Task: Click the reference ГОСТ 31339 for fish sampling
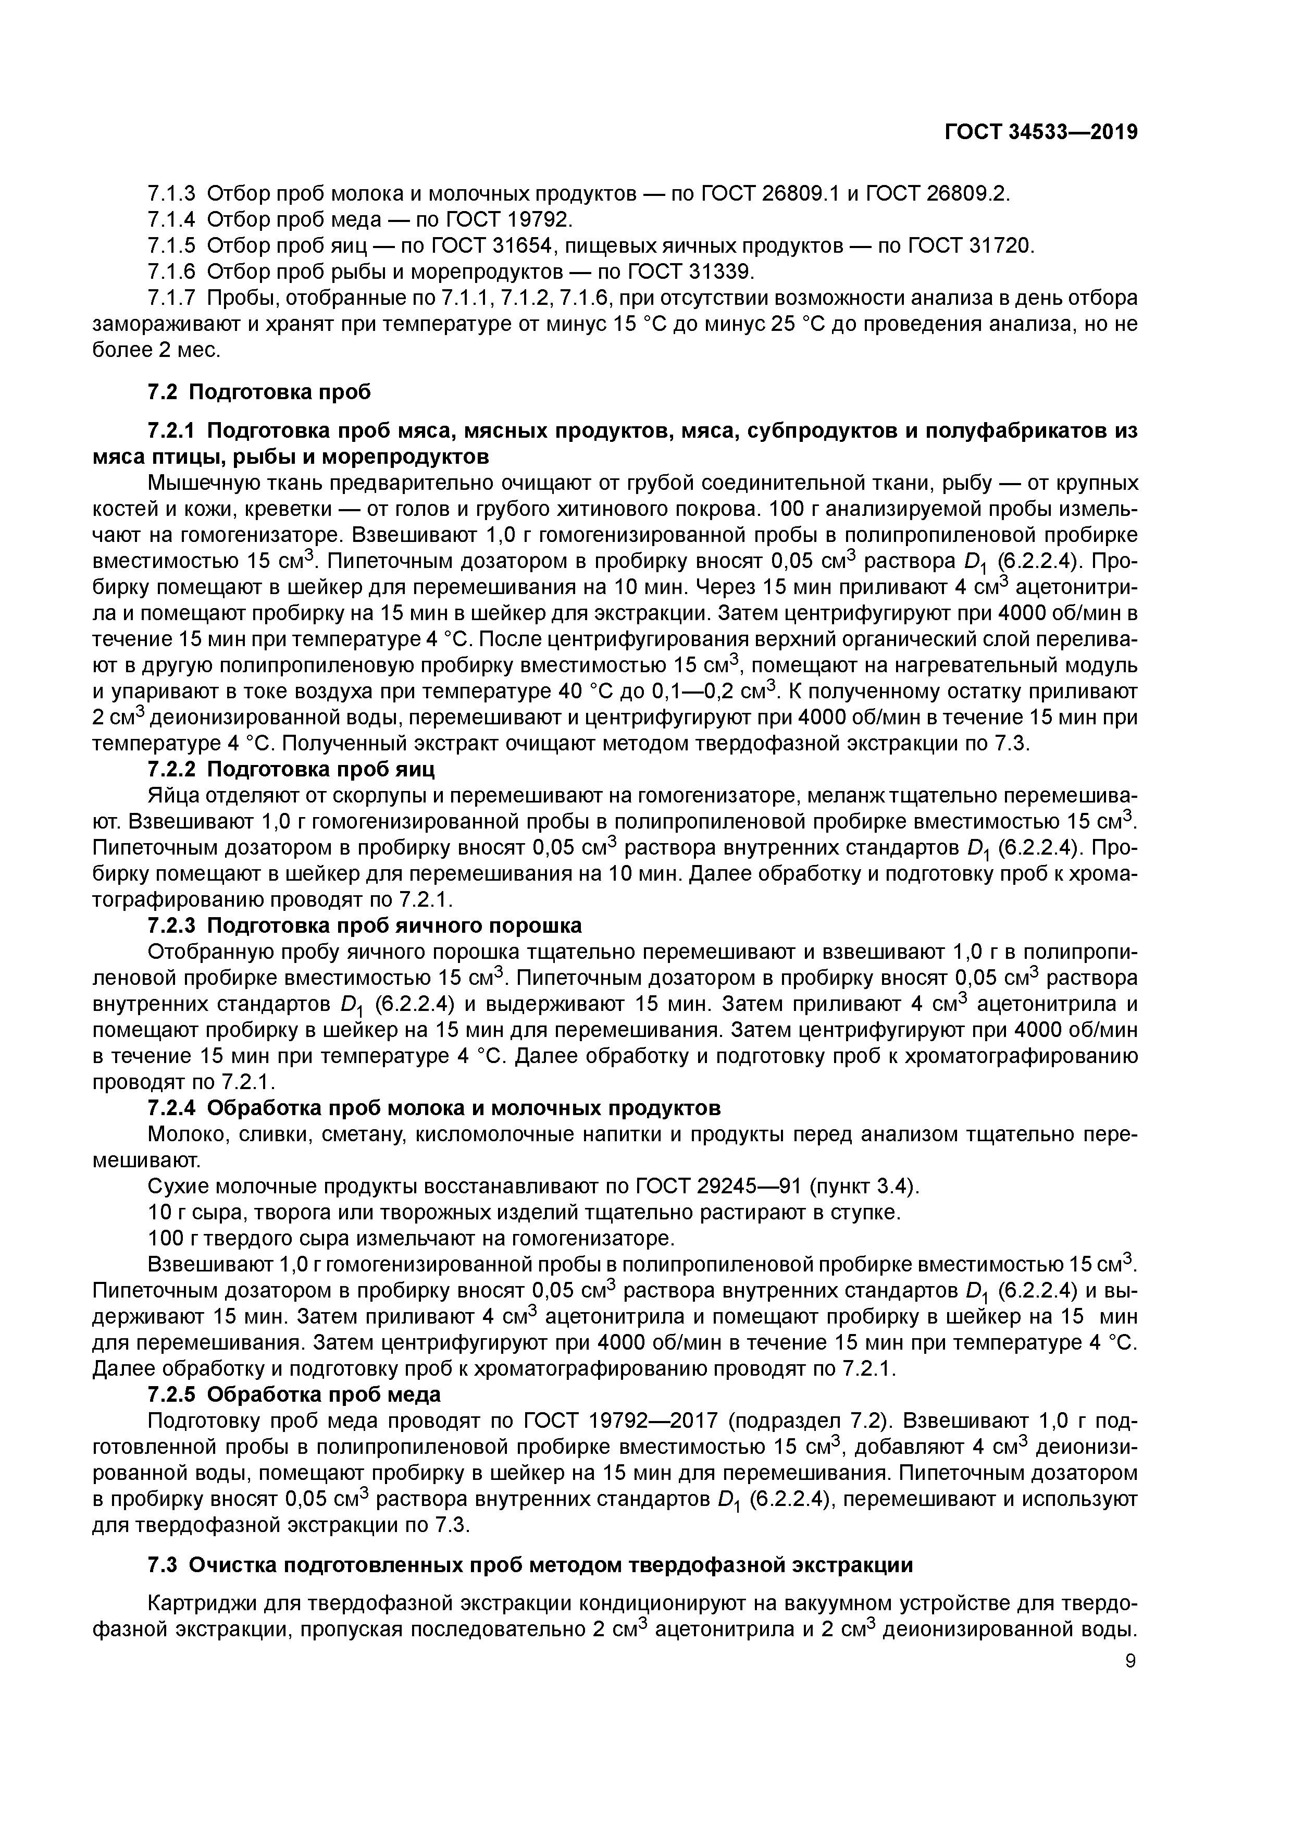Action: tap(689, 273)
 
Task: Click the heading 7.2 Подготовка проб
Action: tap(259, 392)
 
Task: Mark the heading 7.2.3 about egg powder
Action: tap(365, 926)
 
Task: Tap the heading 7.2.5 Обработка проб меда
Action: tap(294, 1395)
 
